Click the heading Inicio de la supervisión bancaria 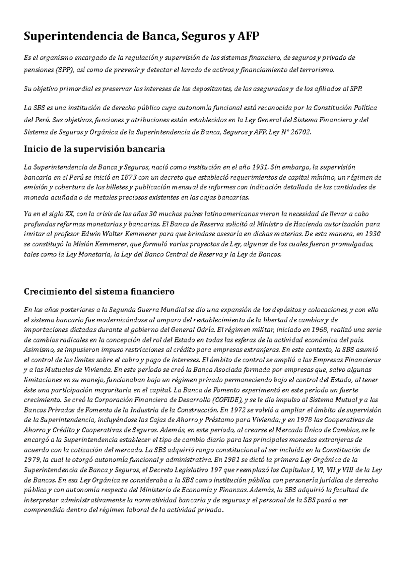coord(94,149)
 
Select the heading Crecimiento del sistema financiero coord(99,291)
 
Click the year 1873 coord(129,177)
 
